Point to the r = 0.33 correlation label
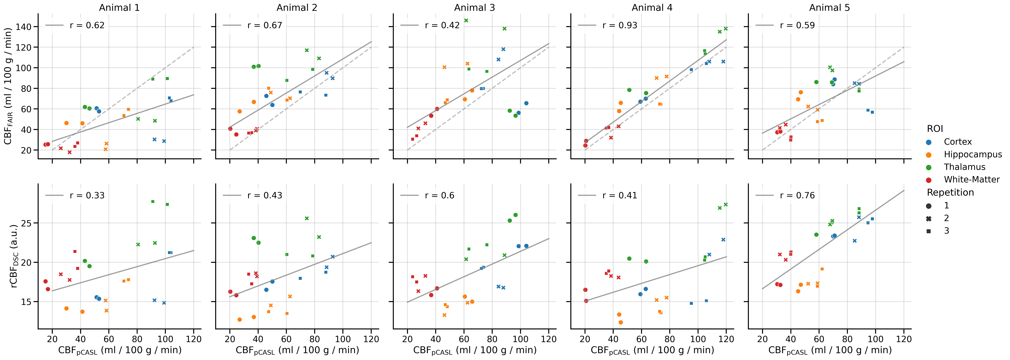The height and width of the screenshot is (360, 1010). (87, 195)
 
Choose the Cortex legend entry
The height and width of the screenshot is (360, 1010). (957, 142)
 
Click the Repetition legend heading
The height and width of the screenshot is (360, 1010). (950, 192)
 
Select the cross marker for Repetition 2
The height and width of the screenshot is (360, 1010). (929, 218)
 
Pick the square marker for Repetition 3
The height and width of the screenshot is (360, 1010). (929, 231)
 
